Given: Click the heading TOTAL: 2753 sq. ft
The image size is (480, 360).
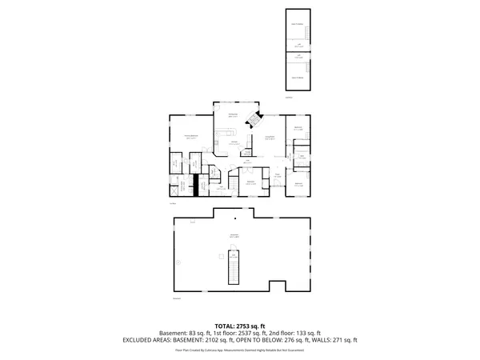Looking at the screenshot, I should tap(239, 326).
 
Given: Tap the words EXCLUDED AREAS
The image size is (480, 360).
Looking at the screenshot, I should tap(150, 340).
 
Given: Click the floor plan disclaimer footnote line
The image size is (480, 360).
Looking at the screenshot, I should tap(239, 350).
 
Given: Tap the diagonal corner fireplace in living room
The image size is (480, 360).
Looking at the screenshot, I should tap(255, 119).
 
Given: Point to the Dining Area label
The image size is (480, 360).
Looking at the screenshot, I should tap(234, 115).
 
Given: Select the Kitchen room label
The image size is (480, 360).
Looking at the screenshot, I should tap(235, 142).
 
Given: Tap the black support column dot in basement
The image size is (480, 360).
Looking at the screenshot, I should tap(235, 219).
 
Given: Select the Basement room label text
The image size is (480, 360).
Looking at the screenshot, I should tap(234, 235).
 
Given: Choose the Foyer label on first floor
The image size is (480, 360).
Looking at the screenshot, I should tap(277, 176).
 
